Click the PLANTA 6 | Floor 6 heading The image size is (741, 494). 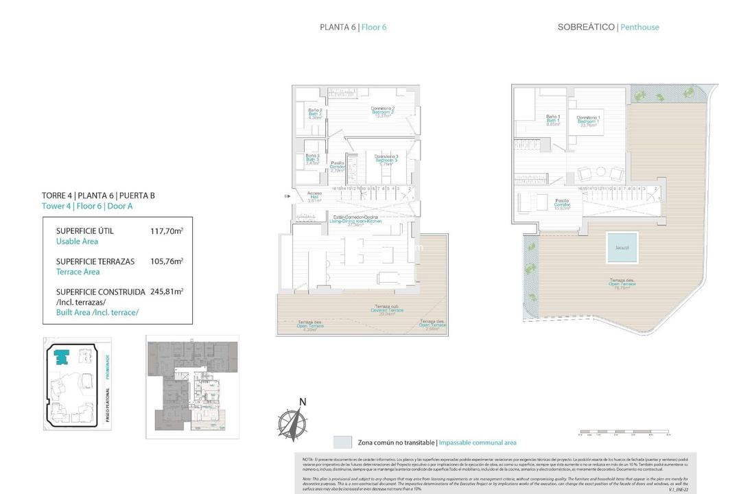point(357,27)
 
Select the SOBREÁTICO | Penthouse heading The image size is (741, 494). point(608,27)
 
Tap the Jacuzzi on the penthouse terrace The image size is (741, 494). point(622,248)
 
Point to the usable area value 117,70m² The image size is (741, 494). point(166,232)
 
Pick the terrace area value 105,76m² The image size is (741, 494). point(166,261)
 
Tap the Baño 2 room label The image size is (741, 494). point(315,114)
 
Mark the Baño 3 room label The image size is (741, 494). point(312,159)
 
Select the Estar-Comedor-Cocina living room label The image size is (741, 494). point(355,220)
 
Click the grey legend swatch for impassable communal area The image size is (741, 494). point(342,443)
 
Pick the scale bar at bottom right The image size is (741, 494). point(624,434)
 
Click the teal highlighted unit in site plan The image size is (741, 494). point(62,357)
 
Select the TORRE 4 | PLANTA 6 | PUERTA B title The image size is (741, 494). point(98,196)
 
